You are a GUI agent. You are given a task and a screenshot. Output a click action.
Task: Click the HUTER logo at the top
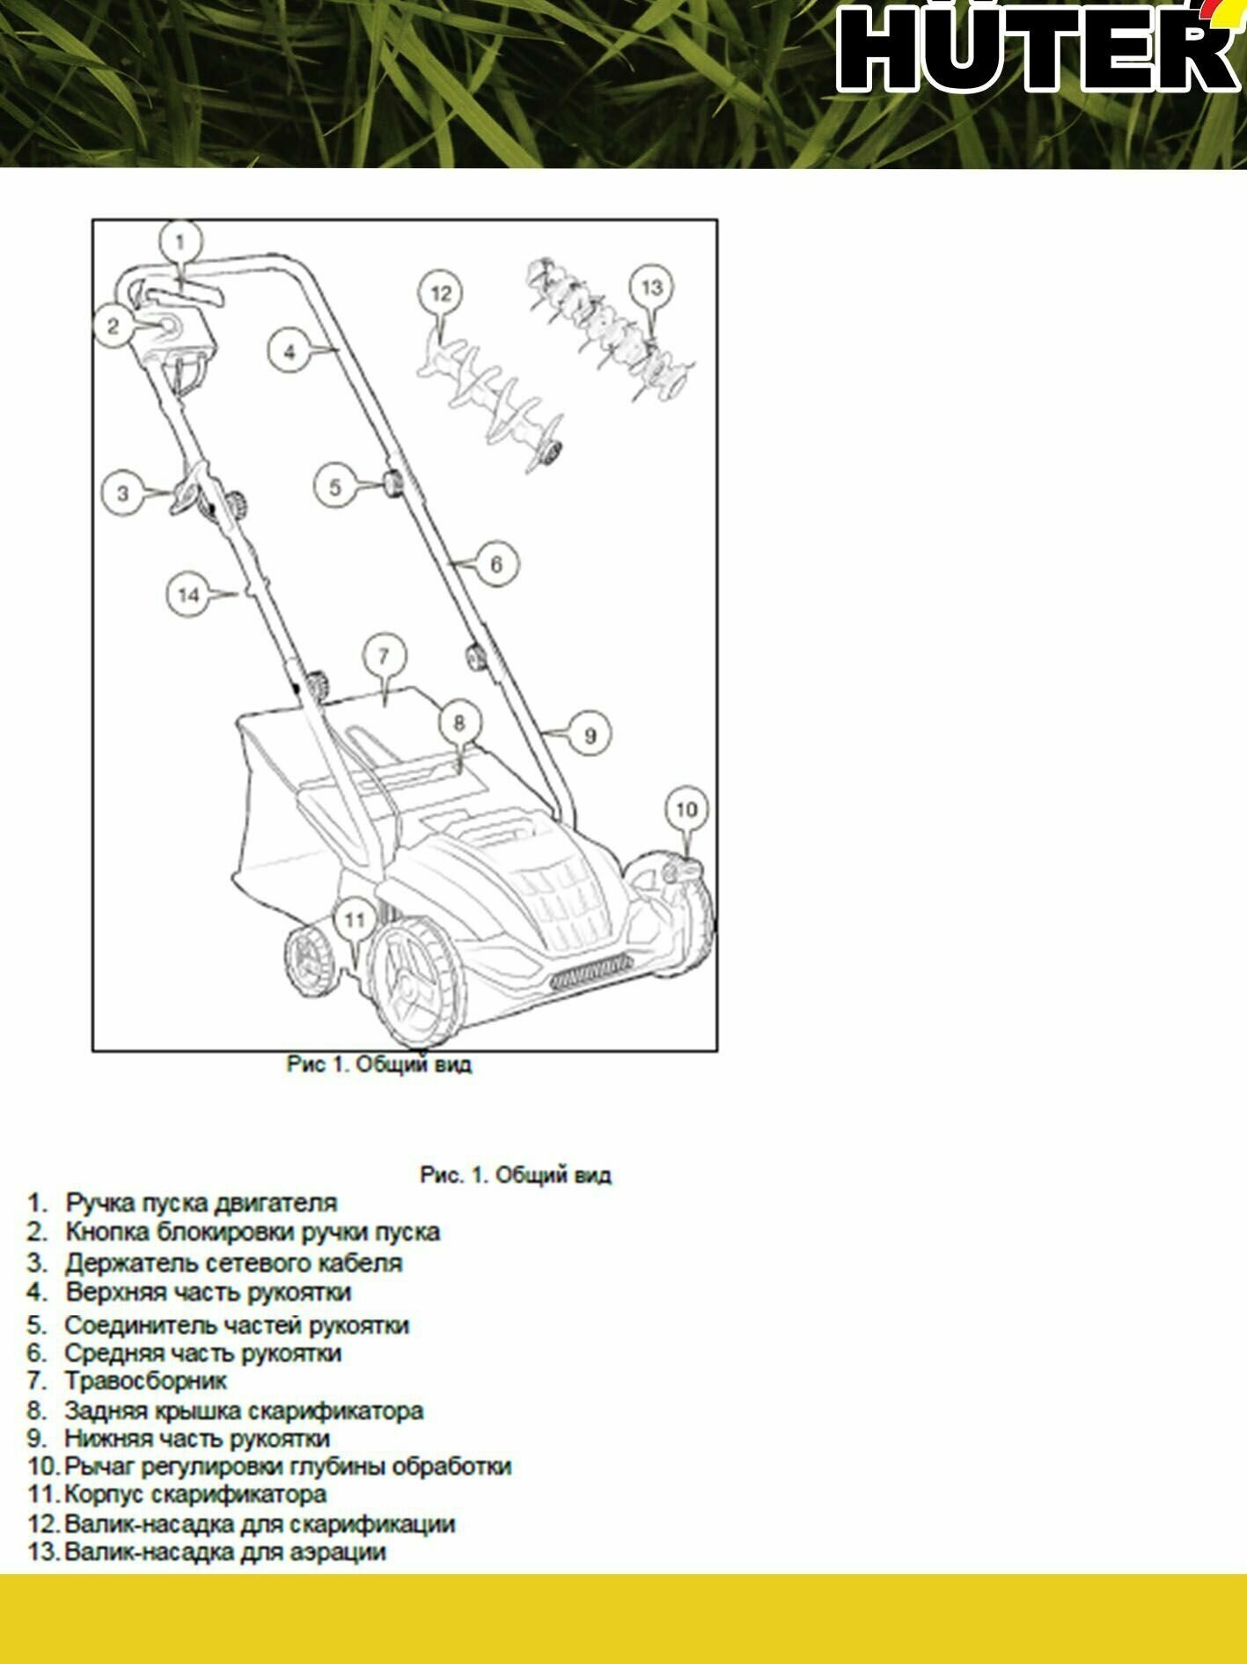coord(1038,48)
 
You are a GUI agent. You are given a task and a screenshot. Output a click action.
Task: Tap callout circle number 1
coord(180,241)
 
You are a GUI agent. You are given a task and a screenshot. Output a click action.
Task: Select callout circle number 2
coord(113,327)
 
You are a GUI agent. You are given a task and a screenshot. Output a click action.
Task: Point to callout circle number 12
coord(440,293)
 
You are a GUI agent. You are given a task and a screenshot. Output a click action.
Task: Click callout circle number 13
coord(651,288)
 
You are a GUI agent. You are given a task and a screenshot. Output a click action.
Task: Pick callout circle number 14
coord(189,595)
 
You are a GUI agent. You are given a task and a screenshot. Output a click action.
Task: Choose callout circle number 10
coord(686,809)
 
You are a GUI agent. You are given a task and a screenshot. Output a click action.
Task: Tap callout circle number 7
coord(383,656)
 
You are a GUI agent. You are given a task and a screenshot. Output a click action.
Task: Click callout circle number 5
coord(334,487)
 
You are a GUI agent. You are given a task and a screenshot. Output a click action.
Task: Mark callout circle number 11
coord(354,920)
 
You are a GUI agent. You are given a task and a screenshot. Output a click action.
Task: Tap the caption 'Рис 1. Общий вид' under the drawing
coord(379,1064)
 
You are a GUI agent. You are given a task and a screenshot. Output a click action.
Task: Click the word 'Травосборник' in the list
coord(145,1381)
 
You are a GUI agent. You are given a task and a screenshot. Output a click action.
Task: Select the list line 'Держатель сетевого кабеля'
coord(233,1263)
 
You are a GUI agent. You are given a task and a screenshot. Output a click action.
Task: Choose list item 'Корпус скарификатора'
coord(195,1494)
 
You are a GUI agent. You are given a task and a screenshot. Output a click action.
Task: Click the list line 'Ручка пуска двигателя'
coord(202,1203)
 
